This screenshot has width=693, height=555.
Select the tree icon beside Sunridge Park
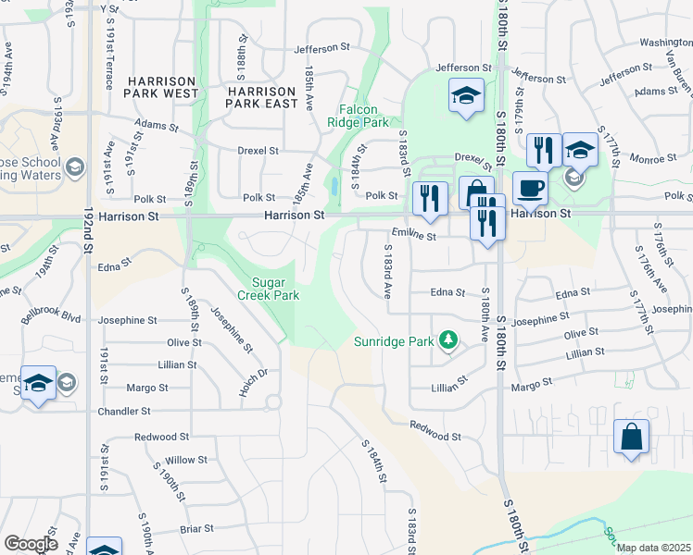(448, 340)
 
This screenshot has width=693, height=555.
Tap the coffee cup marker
(530, 188)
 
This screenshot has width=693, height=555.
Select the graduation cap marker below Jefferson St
(466, 95)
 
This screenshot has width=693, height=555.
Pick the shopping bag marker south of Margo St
(631, 438)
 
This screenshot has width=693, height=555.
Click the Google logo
(31, 544)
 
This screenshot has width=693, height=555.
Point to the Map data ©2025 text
(654, 548)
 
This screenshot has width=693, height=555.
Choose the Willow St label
(186, 459)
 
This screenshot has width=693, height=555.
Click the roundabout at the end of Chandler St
(273, 402)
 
